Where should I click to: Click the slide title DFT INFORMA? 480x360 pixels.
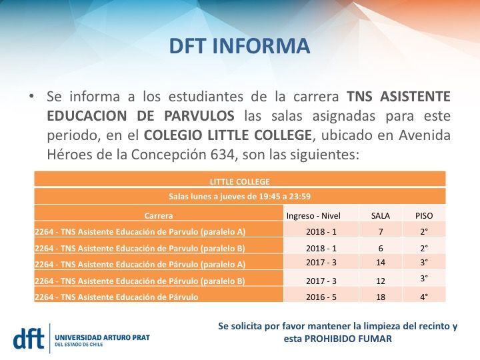pos(239,47)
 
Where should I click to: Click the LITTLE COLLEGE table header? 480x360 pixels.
pos(239,181)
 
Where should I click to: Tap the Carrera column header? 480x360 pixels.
pos(159,215)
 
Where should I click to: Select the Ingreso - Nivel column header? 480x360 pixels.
pos(313,215)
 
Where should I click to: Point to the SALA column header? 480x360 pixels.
pos(381,215)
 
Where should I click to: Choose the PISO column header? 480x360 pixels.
pos(424,215)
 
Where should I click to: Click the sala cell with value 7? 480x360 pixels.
pos(381,231)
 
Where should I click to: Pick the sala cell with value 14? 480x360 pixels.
pos(381,263)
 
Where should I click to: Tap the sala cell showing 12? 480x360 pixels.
pos(381,281)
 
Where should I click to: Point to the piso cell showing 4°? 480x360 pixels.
pos(424,297)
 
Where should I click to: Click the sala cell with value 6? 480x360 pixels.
pos(381,247)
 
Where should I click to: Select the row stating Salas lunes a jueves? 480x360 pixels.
pos(239,197)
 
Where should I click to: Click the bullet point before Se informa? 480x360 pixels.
pos(31,95)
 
